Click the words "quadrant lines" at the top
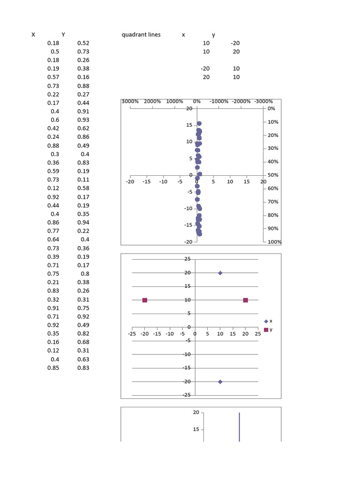141,35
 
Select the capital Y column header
63,35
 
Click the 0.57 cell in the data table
53,77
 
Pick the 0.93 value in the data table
83,120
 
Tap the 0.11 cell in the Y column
83,180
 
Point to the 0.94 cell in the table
83,223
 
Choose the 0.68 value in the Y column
83,342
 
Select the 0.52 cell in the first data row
83,43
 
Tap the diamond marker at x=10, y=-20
220,382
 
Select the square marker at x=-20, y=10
145,300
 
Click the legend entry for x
268,321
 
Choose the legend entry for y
268,330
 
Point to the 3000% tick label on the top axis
130,102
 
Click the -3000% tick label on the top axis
263,102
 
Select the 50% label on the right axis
272,175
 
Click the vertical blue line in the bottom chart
240,427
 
